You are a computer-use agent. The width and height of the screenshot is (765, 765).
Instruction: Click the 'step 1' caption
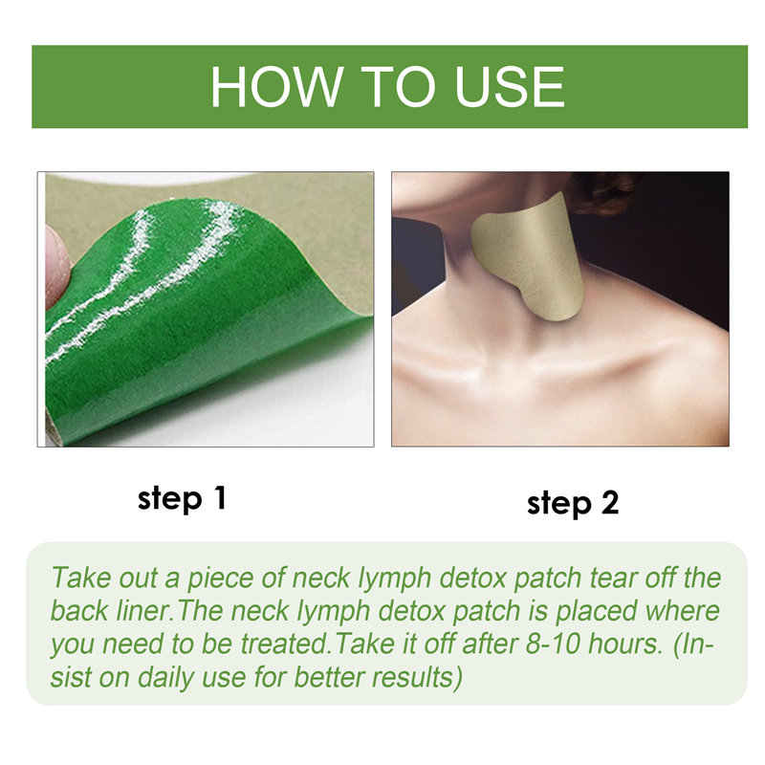click(x=182, y=498)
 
